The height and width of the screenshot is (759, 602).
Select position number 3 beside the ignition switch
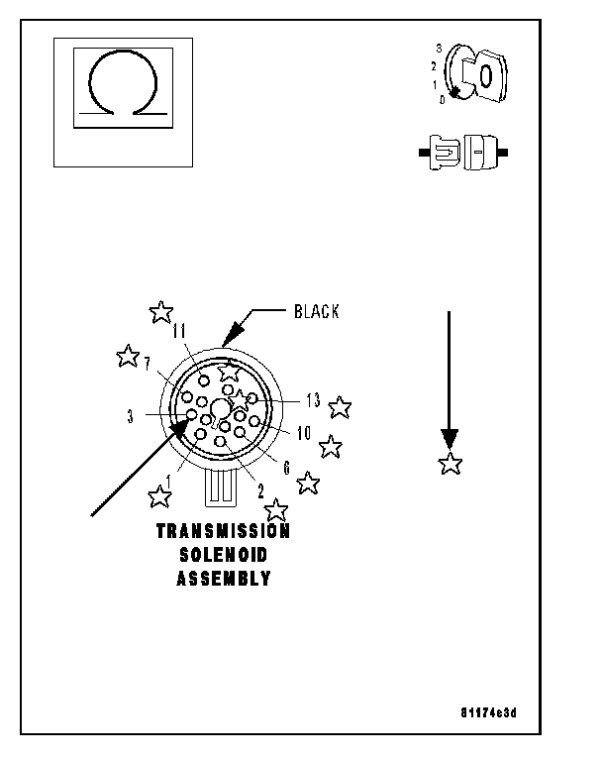[x=439, y=47]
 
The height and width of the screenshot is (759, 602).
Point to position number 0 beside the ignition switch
[x=442, y=99]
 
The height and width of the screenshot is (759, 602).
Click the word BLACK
[x=316, y=312]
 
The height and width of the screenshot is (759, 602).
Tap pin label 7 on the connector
[x=147, y=364]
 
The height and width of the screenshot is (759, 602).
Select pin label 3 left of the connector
[x=130, y=416]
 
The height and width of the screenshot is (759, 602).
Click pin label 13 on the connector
[x=313, y=401]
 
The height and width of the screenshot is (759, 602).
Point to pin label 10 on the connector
[x=304, y=432]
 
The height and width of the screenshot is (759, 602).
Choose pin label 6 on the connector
[x=286, y=467]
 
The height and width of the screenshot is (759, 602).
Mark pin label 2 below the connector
[x=260, y=488]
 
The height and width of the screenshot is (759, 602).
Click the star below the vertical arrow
[x=451, y=463]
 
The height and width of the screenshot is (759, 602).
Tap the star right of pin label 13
[x=340, y=407]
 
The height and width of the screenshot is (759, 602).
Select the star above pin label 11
[x=160, y=312]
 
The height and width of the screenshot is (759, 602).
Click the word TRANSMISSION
[x=224, y=532]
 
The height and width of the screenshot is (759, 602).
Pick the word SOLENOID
[x=224, y=556]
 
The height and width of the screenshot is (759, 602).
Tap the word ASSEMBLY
[x=224, y=580]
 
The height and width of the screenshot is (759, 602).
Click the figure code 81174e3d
[x=488, y=712]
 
